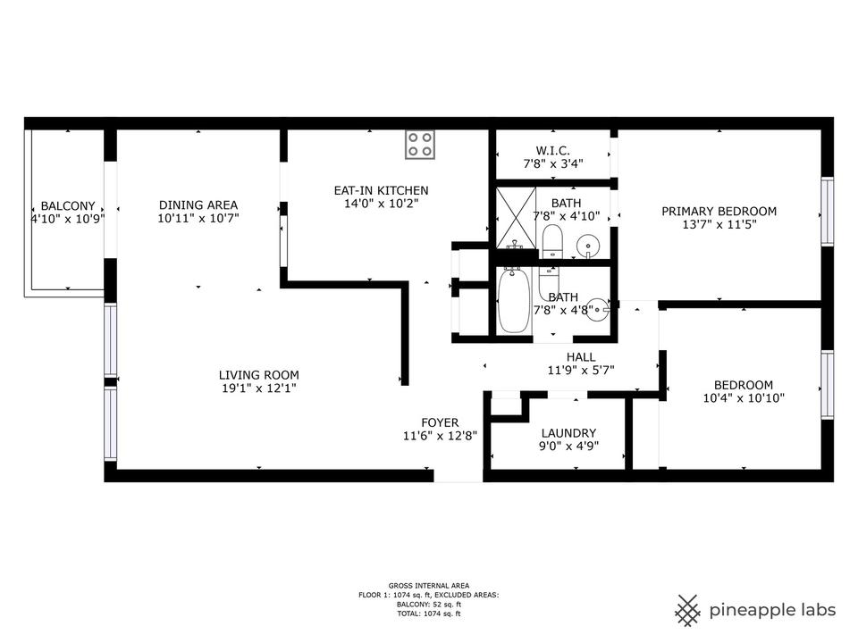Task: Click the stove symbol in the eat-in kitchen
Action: coord(421,145)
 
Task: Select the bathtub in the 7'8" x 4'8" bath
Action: coord(514,301)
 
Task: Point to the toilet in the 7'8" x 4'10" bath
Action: coord(551,241)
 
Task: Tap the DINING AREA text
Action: coord(198,205)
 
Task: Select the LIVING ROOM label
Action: coord(259,375)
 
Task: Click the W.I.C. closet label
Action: coord(552,151)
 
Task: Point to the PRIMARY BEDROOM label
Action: coord(719,212)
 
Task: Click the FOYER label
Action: coord(440,422)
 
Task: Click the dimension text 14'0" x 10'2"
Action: coord(381,204)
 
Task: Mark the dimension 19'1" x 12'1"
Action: coord(259,388)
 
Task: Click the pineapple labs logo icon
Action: coord(687,610)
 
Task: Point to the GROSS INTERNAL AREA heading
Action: coord(429,585)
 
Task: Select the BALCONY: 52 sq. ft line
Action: coord(429,605)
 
